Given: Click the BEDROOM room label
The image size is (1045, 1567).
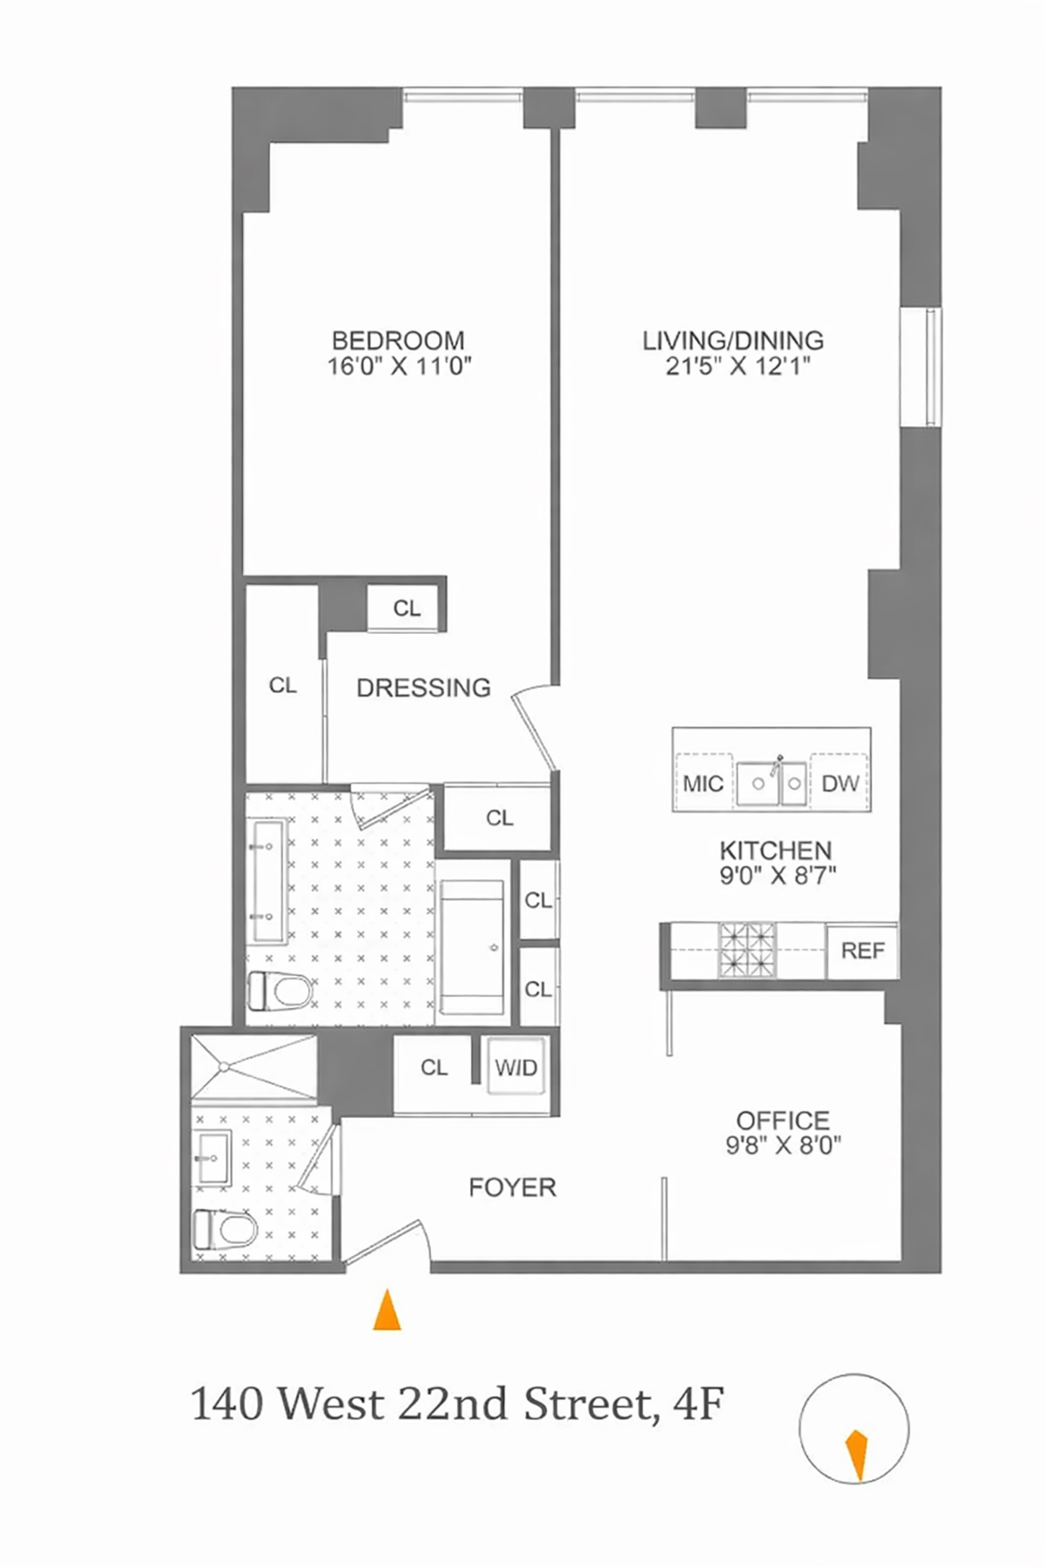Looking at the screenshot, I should pos(398,340).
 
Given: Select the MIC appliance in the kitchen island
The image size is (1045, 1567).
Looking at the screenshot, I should pos(703,783).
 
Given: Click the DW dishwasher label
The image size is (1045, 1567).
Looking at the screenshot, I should pos(839,783).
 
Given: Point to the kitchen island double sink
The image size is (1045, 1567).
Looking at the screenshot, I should pos(772,783).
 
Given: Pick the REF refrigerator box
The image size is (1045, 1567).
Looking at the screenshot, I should pos(862,951).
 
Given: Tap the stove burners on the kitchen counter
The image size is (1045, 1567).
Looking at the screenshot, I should pos(746,949).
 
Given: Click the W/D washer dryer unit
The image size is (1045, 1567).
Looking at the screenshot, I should pos(516,1067).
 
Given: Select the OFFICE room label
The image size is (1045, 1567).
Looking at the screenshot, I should pos(783,1120).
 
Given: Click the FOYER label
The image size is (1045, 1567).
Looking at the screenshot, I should pos(512,1187).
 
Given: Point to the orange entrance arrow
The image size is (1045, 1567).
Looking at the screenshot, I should pos(387,1310).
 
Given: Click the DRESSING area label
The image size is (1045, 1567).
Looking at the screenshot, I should pos(423,688).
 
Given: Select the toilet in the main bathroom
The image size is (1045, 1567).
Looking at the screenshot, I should pos(280,990).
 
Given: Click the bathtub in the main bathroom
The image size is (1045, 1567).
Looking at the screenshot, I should pos(471,947).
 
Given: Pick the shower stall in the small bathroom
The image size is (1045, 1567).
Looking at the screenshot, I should pos(253,1067).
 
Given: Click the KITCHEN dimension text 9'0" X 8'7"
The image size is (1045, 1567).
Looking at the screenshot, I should pos(777,876).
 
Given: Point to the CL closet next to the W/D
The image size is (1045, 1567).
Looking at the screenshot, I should pos(434,1067).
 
